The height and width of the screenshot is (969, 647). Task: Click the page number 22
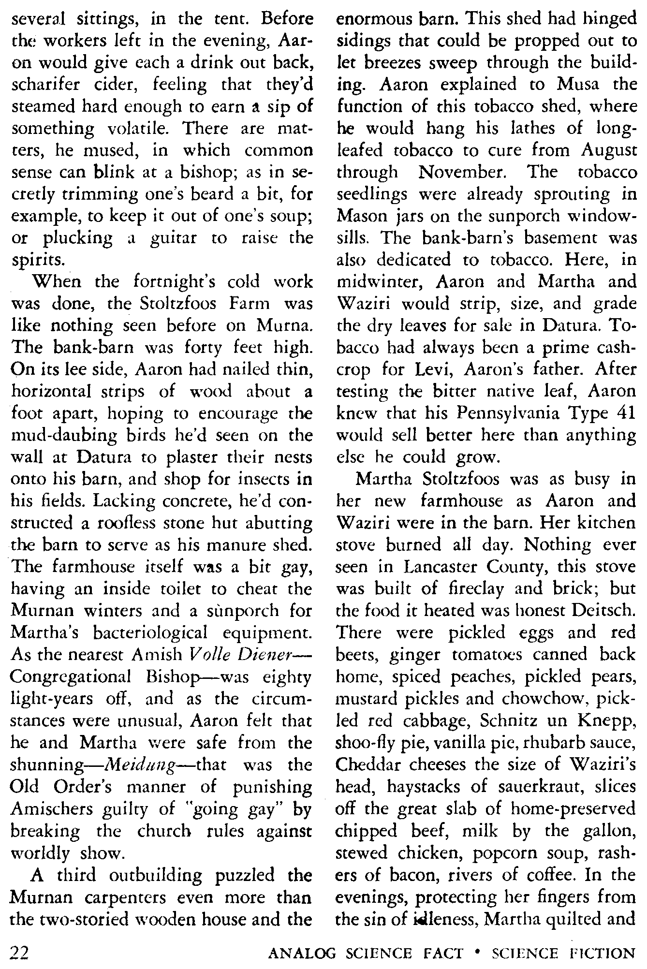[20, 953]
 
